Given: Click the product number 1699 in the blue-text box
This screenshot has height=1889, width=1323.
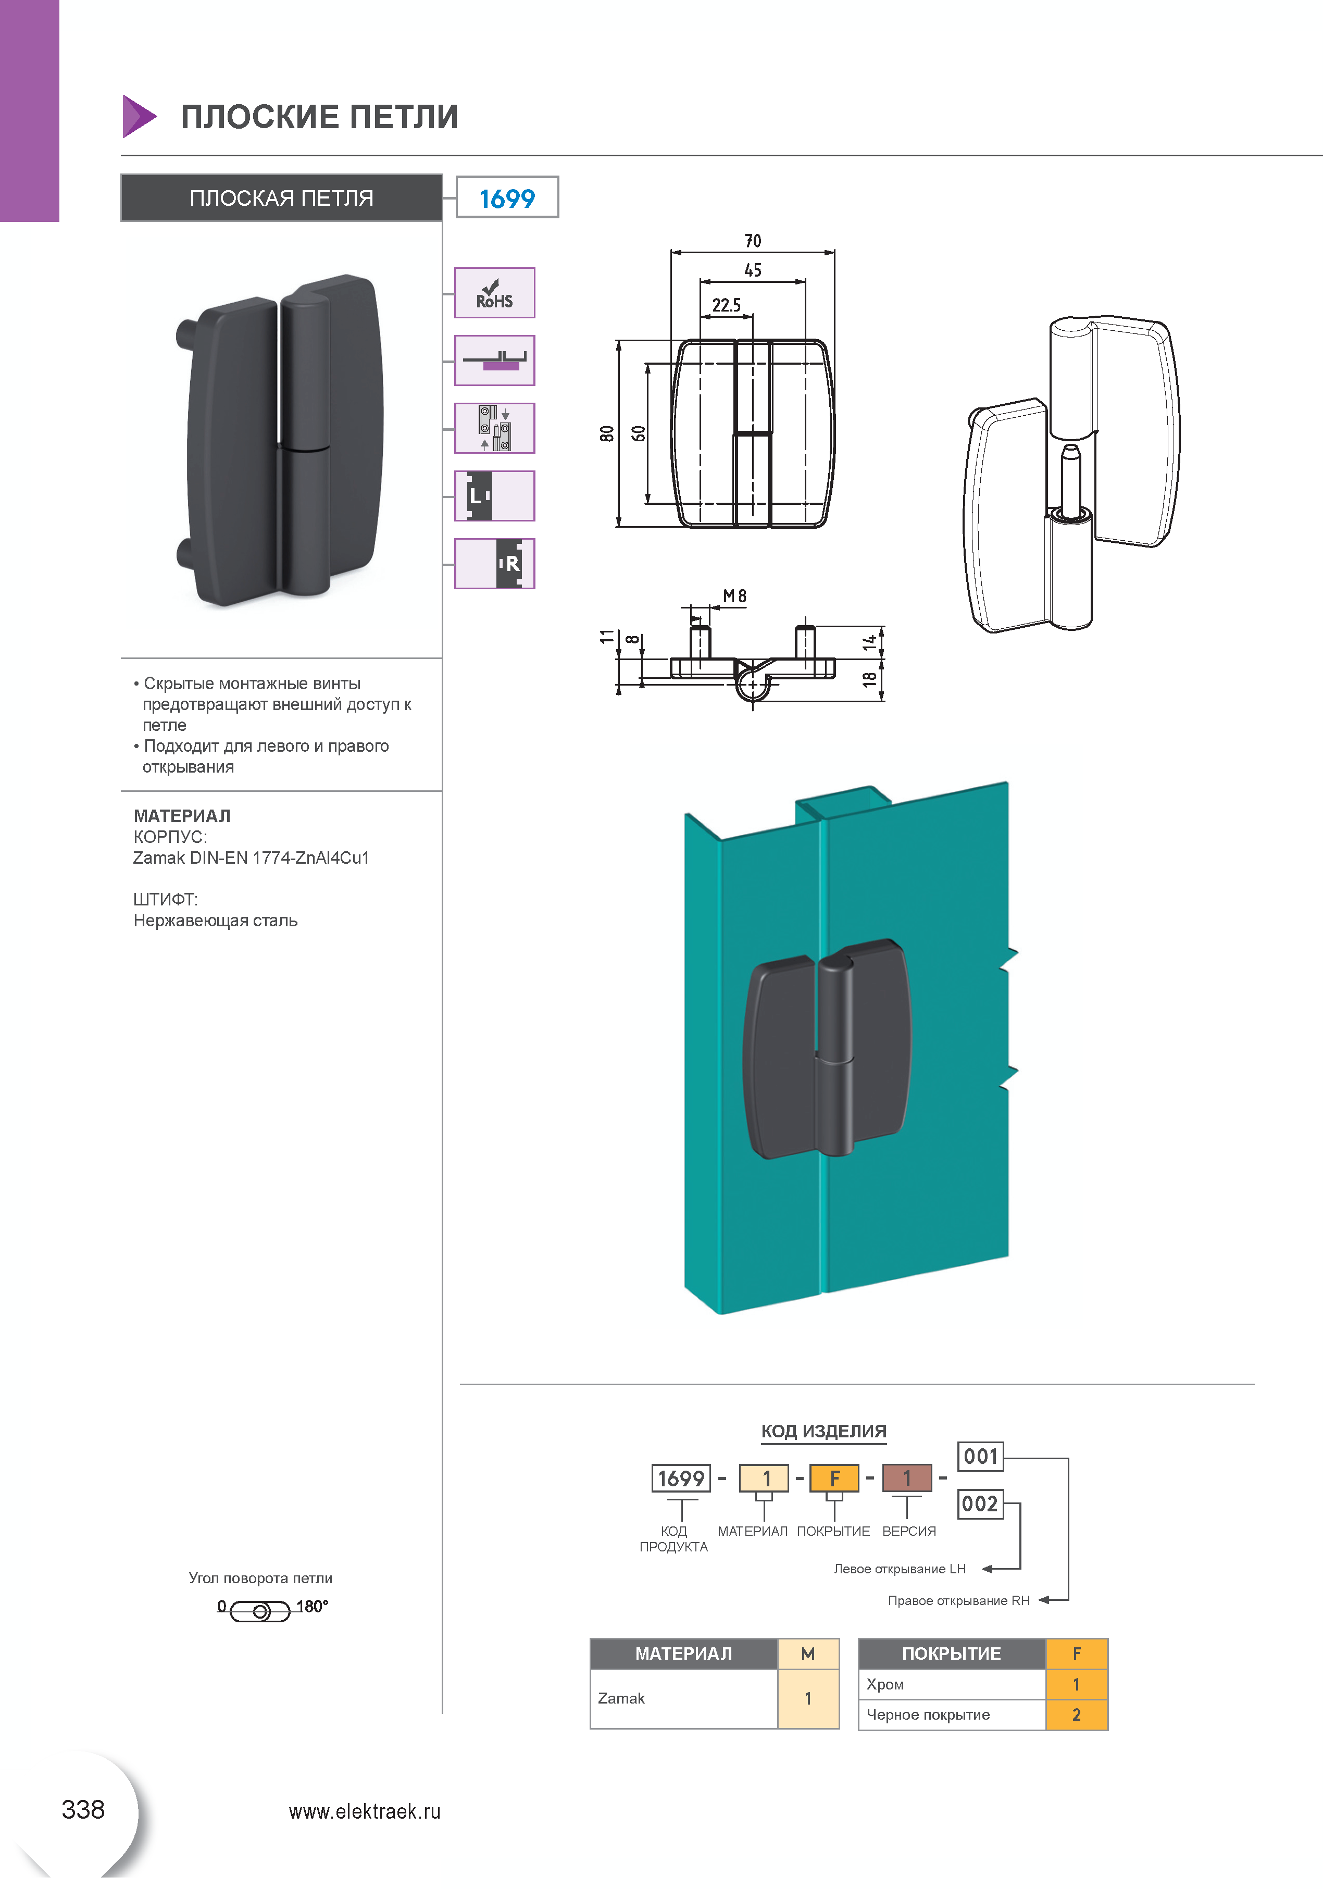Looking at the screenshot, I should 507,198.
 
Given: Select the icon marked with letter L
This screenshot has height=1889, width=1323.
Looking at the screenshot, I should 494,496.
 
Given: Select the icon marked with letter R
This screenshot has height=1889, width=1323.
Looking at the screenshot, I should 494,564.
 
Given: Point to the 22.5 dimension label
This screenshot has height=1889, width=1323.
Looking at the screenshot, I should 727,305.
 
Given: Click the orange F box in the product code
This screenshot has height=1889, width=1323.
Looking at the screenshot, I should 834,1478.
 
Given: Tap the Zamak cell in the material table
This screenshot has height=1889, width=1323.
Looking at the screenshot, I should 621,1698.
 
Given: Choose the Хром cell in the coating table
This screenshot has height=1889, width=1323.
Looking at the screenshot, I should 885,1684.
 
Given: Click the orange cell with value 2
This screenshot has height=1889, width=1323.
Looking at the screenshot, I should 1076,1716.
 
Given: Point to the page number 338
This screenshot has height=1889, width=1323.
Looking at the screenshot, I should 83,1809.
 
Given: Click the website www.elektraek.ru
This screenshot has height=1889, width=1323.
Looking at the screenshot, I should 365,1812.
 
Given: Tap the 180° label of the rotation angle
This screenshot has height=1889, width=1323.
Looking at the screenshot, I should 312,1606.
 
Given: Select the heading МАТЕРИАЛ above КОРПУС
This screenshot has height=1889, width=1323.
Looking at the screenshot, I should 182,816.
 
